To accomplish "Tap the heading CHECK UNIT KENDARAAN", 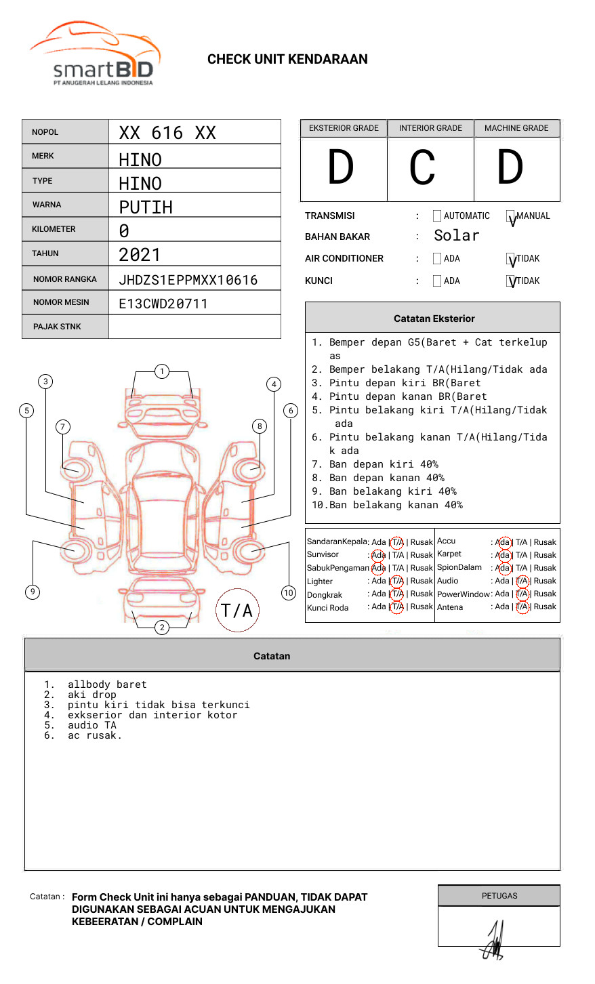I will [x=287, y=60].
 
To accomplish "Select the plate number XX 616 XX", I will [x=167, y=133].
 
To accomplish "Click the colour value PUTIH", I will [x=146, y=207].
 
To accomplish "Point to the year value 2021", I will [x=140, y=255].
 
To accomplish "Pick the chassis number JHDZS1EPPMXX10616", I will [x=188, y=280].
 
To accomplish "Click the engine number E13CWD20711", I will [x=163, y=304].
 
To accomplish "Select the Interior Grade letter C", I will [x=423, y=168].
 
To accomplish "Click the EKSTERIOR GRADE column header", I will [x=344, y=128].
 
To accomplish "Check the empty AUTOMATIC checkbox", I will [x=437, y=216].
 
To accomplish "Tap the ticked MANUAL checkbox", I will [x=511, y=217].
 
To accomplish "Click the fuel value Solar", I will [x=456, y=236].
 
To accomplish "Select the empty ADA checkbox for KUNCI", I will [x=437, y=281].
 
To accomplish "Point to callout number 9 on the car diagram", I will [x=33, y=592].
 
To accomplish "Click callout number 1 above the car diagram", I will [x=161, y=371].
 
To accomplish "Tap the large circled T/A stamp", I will [x=237, y=611].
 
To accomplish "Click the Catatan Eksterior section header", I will [x=433, y=319].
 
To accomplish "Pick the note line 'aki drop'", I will [x=91, y=695].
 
